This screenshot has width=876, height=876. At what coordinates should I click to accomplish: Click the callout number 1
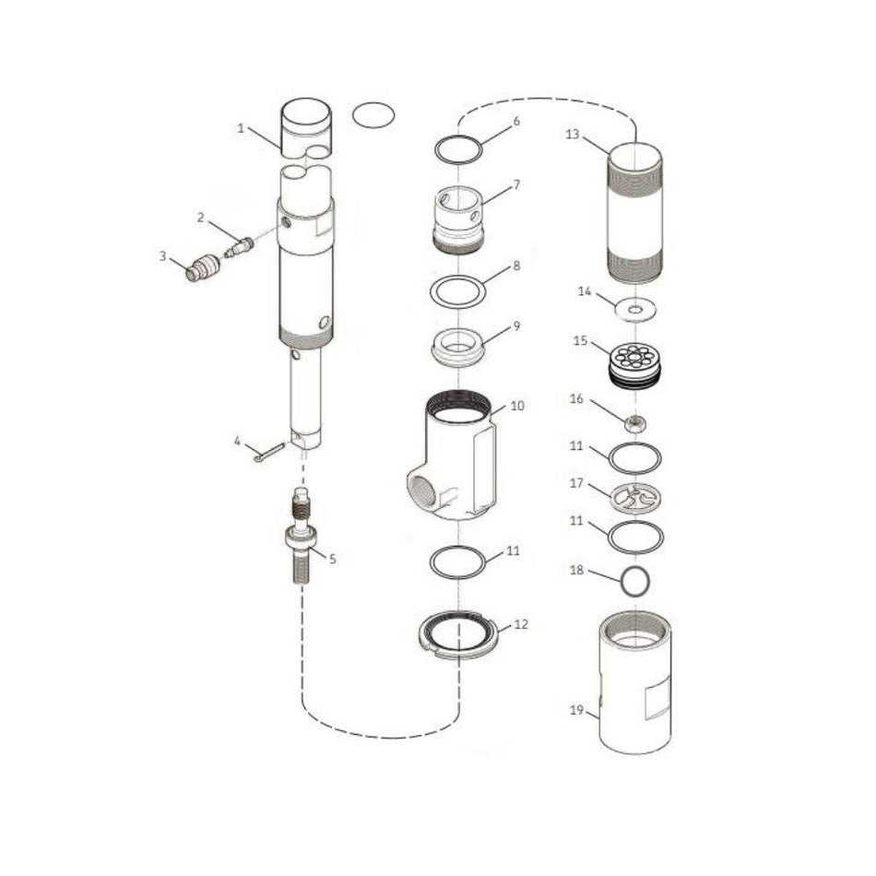(241, 129)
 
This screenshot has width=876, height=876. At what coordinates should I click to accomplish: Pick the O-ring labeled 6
(457, 148)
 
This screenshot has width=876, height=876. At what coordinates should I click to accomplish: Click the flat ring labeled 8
(458, 290)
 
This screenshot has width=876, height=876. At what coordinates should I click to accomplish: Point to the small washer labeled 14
(635, 309)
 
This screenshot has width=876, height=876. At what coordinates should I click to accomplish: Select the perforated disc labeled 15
(635, 361)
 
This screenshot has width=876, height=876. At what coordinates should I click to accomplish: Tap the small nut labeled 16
(634, 423)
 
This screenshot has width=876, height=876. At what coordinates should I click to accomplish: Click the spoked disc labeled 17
(635, 498)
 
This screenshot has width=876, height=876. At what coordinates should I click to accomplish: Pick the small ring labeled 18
(635, 581)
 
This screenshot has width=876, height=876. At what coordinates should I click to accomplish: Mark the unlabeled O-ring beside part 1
(373, 115)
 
